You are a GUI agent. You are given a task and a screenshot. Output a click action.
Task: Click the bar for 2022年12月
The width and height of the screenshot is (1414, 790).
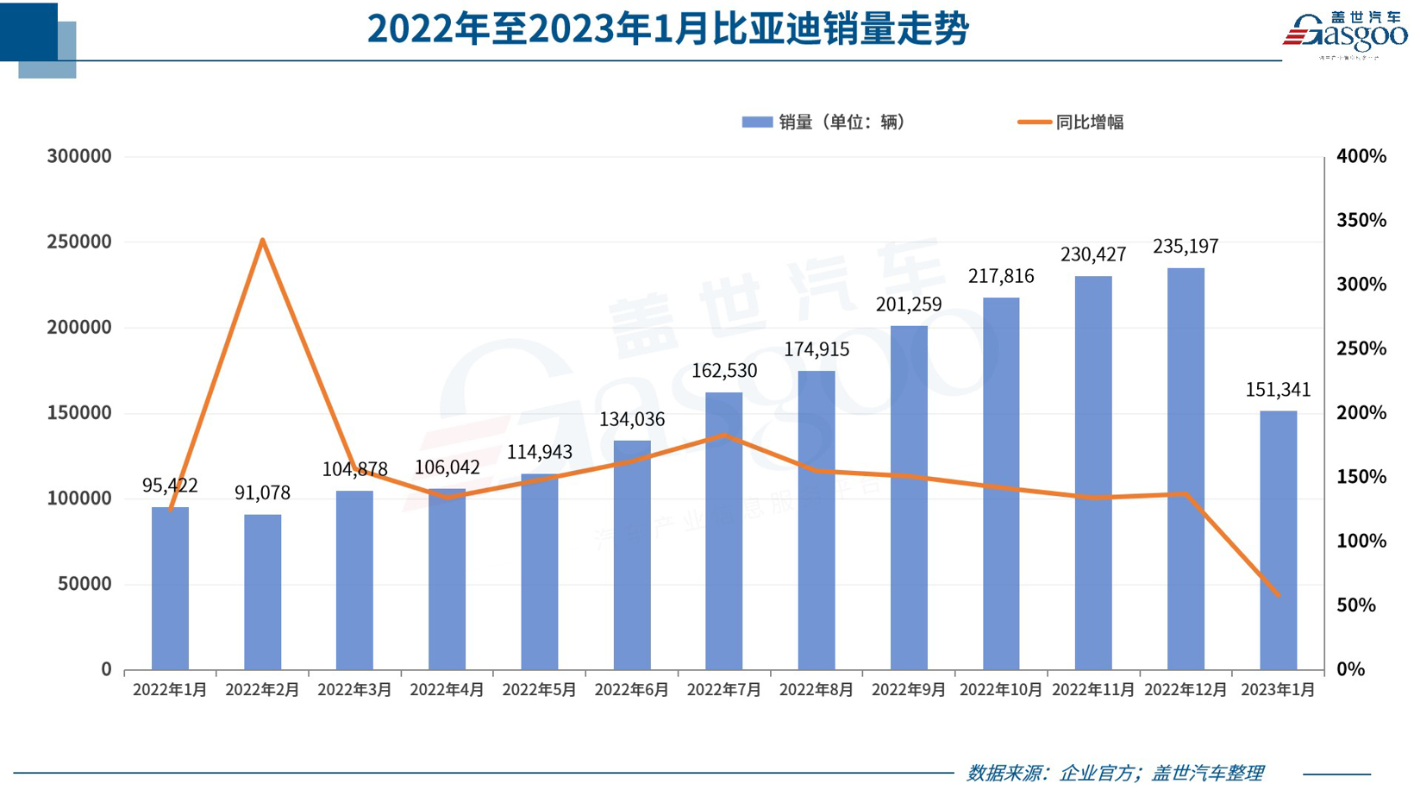coord(1186,469)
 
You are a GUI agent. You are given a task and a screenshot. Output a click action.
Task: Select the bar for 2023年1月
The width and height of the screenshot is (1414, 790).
coord(1278,541)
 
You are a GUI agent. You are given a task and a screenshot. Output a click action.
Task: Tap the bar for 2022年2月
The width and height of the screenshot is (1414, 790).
coord(262,592)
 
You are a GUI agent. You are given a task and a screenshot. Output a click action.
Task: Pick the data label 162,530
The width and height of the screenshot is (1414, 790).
coord(724,371)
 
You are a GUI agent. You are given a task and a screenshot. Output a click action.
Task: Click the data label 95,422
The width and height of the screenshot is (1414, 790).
coord(170,486)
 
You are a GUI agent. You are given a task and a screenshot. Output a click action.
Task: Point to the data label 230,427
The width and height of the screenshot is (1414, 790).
coord(1093,254)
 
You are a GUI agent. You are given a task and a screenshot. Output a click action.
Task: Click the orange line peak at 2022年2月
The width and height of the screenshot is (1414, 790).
coord(262,241)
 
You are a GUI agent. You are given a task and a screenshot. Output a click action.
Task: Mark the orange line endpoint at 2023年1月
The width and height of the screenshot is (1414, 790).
coord(1278,594)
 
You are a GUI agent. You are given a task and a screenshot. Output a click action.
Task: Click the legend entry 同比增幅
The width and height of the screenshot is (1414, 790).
coord(1072,122)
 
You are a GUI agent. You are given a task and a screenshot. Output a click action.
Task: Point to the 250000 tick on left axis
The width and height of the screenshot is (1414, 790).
coord(79,242)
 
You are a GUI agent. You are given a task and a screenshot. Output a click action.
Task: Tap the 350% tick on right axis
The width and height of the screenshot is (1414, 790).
coord(1361,221)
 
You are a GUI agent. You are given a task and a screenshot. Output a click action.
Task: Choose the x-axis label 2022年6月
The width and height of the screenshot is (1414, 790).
coord(632,690)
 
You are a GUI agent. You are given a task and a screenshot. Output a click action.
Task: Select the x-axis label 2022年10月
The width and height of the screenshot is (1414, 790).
coord(1001,690)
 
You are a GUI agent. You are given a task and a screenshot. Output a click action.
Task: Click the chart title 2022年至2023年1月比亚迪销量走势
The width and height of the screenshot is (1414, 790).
coord(668,29)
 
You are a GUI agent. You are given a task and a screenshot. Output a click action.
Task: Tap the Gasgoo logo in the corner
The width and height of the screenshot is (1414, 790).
coord(1345,34)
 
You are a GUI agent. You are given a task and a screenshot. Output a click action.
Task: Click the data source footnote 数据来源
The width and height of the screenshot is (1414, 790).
coord(1115,773)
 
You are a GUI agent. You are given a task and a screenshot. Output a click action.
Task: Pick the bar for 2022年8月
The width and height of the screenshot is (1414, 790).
coord(816,521)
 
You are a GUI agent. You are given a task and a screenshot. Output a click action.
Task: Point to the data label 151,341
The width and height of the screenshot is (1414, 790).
coord(1278,390)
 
